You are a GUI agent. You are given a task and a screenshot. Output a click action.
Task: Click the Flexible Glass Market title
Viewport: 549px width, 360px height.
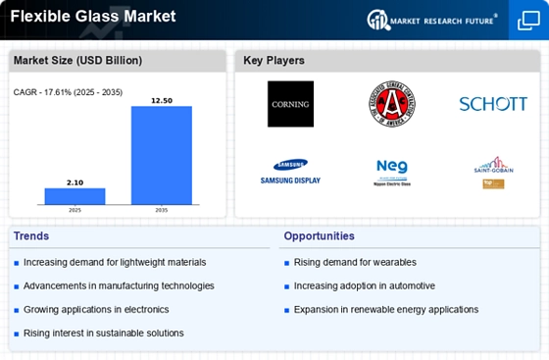coord(93,16)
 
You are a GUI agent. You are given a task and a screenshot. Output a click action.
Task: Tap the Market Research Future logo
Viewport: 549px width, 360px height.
coord(434,20)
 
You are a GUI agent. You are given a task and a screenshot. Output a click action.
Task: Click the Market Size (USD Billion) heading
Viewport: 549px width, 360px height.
coord(77,61)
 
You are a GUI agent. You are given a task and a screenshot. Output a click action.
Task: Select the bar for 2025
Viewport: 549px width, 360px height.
coord(75,195)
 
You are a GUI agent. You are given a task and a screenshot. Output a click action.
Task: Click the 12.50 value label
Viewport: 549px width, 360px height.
coord(162,99)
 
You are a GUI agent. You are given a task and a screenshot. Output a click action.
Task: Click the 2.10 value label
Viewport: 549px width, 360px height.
coord(75,181)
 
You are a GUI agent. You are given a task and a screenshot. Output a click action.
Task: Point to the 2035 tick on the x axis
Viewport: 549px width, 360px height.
coord(162,209)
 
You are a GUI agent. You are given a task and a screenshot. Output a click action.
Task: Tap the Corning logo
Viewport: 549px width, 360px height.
coord(290,104)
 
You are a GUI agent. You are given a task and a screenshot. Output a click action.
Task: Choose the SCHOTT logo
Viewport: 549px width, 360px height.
coord(493,104)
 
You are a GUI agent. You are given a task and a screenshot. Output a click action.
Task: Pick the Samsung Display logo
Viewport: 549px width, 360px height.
coord(290,172)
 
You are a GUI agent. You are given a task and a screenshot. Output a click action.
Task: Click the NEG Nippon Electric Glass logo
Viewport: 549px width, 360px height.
coord(392,172)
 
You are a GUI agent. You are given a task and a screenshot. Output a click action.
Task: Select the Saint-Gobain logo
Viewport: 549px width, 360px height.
coord(493,171)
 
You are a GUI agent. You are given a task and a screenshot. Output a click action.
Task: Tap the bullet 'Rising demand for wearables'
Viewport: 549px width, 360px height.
coord(355,262)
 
